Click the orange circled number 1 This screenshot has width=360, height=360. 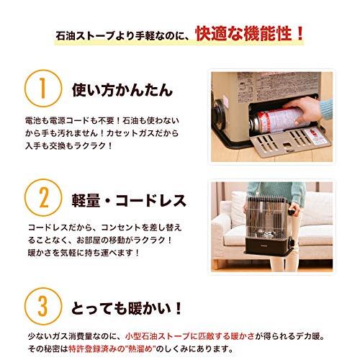click(x=41, y=91)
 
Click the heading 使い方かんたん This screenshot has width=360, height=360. click(x=122, y=91)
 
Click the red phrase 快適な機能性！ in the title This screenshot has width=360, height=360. click(x=249, y=33)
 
